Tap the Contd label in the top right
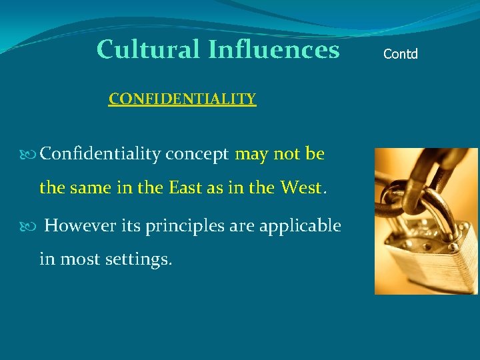tap(401, 54)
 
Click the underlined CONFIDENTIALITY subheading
tap(182, 99)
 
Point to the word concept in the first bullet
tap(197, 155)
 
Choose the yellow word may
tap(252, 155)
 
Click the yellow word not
tap(287, 154)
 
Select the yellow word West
tap(300, 188)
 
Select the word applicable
tap(299, 225)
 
